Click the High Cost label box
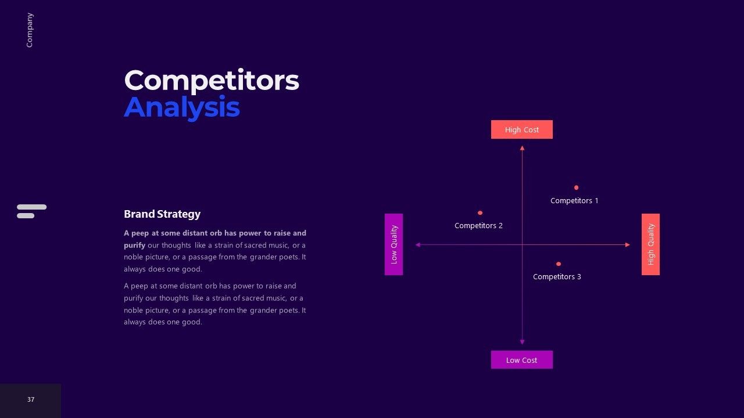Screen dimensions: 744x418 click(x=522, y=129)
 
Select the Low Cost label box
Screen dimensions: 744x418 click(x=522, y=359)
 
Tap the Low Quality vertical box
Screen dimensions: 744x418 click(x=394, y=244)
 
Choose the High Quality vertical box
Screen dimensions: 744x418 click(x=650, y=244)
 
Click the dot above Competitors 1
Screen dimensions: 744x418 click(x=576, y=188)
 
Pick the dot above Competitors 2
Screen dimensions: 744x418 click(x=480, y=213)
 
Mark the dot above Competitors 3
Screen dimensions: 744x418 click(x=559, y=264)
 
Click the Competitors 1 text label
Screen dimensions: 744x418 click(x=574, y=201)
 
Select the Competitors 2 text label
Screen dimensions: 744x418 click(x=478, y=226)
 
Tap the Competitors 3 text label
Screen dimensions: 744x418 click(x=557, y=277)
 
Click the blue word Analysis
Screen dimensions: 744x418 click(x=182, y=107)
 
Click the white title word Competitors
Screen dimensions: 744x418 click(x=212, y=80)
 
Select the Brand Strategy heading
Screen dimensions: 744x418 click(x=162, y=214)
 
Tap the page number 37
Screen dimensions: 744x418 click(x=31, y=399)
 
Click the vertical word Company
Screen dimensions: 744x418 click(x=30, y=30)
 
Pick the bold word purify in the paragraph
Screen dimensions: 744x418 click(x=134, y=246)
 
